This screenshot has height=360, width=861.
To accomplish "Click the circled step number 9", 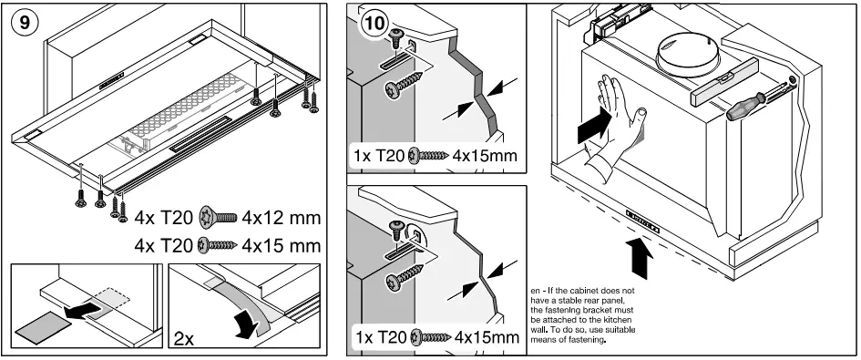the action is tap(22, 22).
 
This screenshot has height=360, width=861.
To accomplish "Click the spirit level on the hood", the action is tap(723, 85).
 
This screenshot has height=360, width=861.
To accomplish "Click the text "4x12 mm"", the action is tap(282, 218).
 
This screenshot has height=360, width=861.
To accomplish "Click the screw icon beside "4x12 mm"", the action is tap(218, 218).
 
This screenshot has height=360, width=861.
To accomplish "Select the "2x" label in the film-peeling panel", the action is tap(184, 338).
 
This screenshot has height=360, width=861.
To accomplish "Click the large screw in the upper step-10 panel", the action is tap(404, 85).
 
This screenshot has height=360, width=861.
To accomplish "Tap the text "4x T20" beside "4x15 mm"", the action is tap(164, 245).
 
